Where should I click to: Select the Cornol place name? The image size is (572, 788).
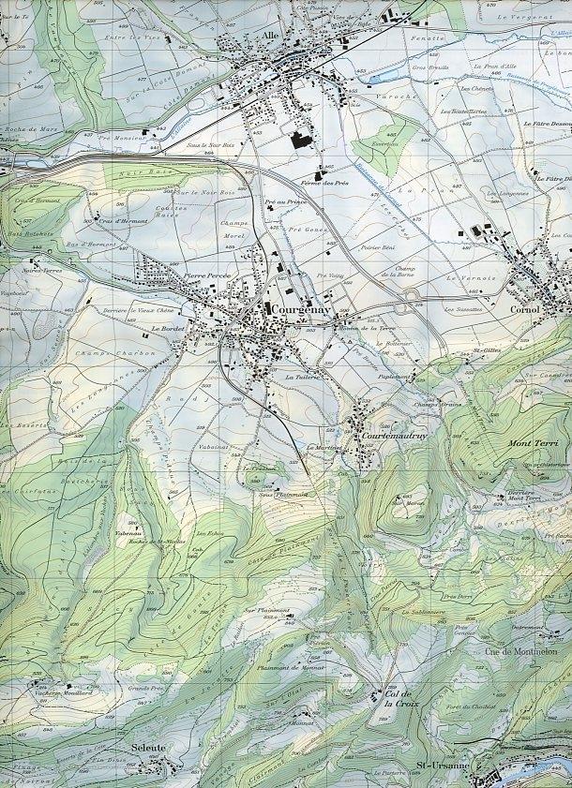coord(525,309)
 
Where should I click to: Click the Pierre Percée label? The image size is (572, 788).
coord(206,276)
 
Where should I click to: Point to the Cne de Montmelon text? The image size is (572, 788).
coord(521,650)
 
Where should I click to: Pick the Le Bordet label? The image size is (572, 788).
coord(164,330)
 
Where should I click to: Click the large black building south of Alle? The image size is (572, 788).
coord(300,141)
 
